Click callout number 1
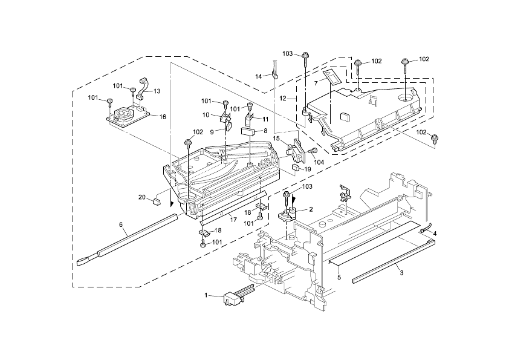(x=206, y=295)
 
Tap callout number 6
(x=121, y=225)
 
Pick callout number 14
(x=258, y=76)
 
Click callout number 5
(x=339, y=277)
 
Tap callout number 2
(x=311, y=209)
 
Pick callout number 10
(x=206, y=115)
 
